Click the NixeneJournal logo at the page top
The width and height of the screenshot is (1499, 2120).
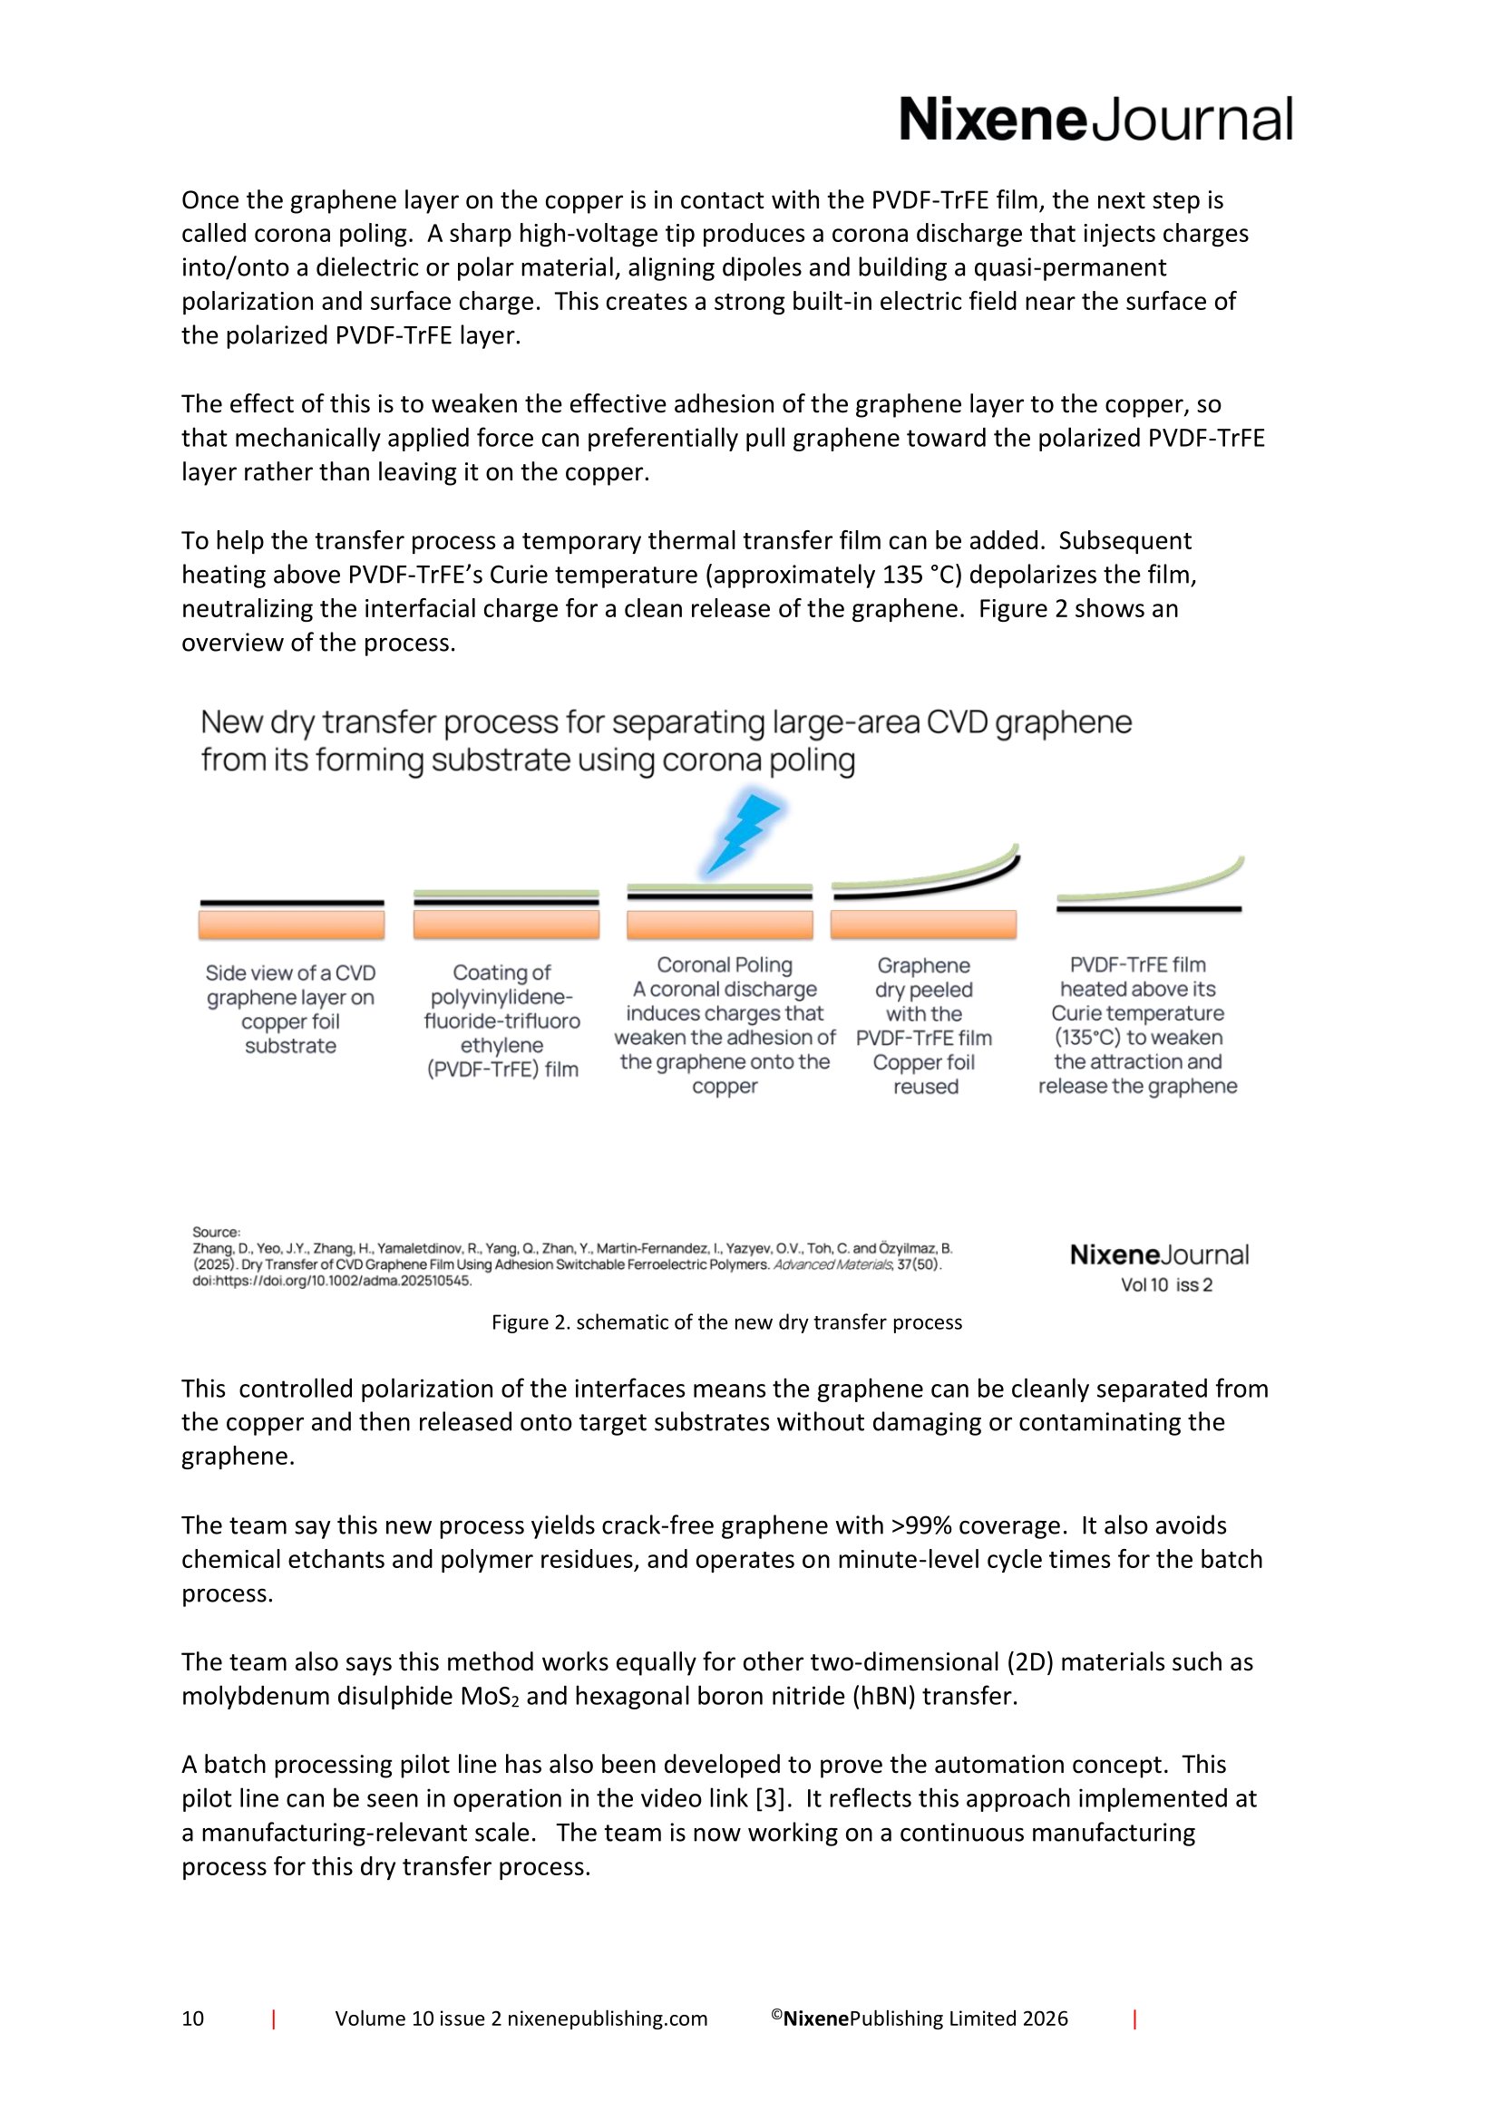(x=1095, y=121)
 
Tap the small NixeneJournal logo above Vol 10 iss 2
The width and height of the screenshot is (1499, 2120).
(x=1159, y=1254)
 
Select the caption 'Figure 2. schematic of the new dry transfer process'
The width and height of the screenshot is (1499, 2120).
(x=726, y=1322)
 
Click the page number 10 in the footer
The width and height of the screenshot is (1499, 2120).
(x=193, y=2018)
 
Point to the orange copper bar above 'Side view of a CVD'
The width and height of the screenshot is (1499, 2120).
(x=291, y=924)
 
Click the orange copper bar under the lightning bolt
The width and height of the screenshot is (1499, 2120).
(x=719, y=924)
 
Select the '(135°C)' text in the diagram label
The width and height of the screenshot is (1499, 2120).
(x=1087, y=1038)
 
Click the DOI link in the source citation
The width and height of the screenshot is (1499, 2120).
(x=332, y=1281)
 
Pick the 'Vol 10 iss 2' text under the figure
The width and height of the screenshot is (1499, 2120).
(x=1165, y=1285)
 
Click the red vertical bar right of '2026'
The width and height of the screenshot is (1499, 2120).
(x=1134, y=2018)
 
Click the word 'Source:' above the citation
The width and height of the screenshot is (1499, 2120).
(x=216, y=1232)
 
